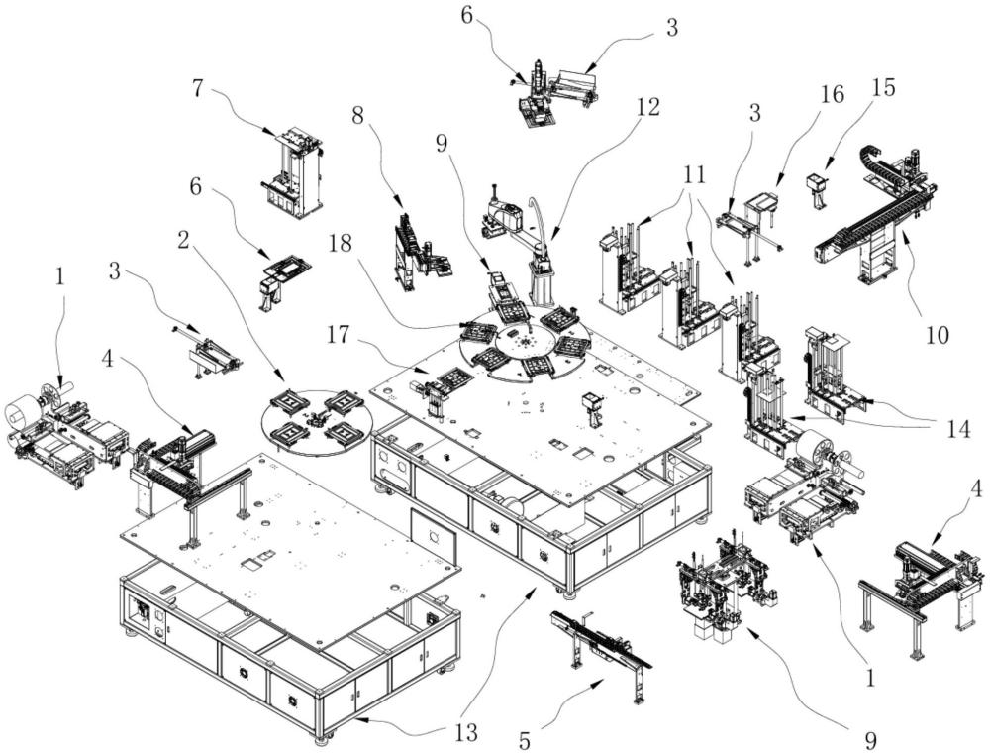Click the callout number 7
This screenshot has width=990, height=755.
click(x=198, y=88)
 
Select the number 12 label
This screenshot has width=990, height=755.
click(x=648, y=107)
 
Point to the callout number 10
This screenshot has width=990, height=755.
click(x=937, y=335)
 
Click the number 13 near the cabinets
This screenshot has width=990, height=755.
click(x=464, y=732)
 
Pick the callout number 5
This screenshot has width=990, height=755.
click(x=525, y=740)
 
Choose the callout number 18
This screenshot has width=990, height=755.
click(x=341, y=243)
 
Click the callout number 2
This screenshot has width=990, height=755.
click(x=183, y=241)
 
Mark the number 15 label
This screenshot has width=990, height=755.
click(x=883, y=88)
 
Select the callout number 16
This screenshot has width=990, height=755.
click(x=833, y=94)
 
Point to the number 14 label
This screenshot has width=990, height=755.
click(x=958, y=430)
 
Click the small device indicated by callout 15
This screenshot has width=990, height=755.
click(x=817, y=190)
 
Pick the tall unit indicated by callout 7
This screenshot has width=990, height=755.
click(x=292, y=171)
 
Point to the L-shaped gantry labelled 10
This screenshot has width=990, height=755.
click(x=875, y=215)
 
